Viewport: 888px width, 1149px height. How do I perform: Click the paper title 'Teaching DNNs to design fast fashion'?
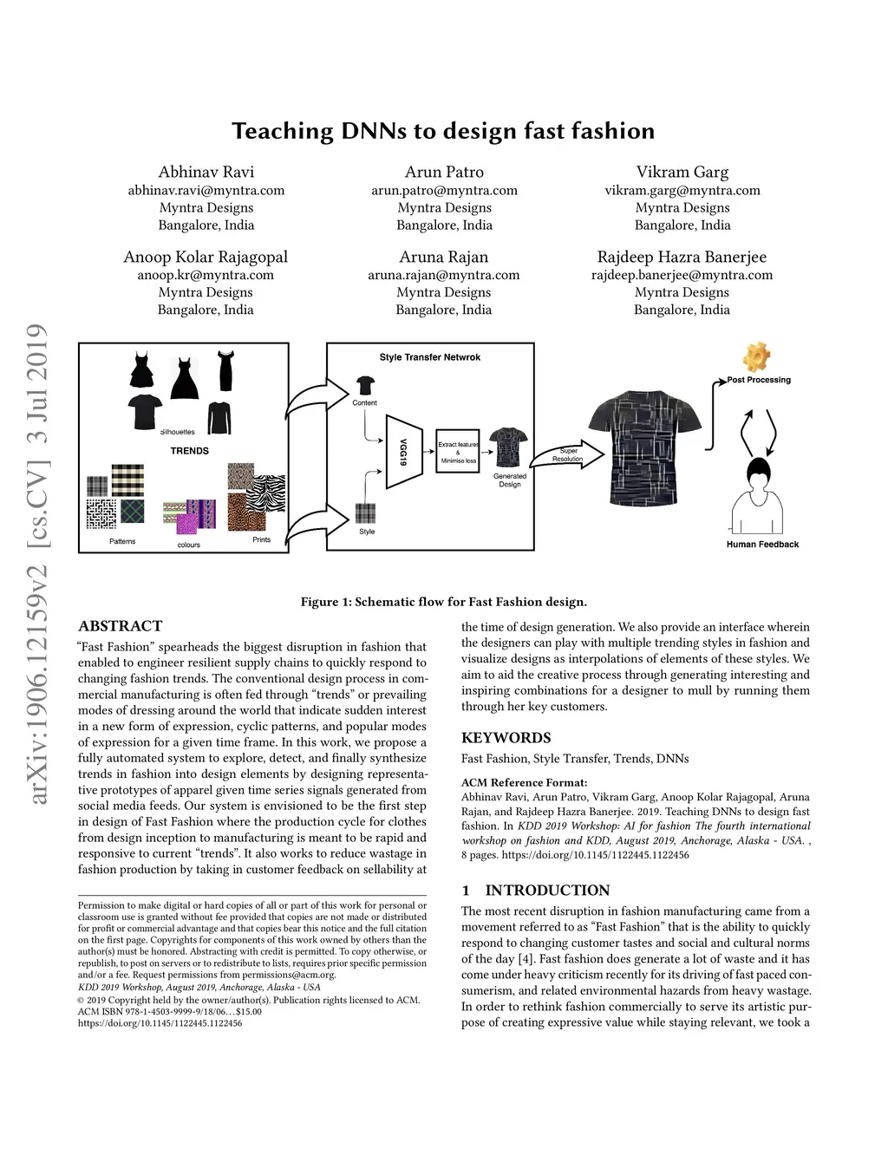tap(443, 131)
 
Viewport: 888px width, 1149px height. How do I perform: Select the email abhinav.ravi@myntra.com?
tap(206, 190)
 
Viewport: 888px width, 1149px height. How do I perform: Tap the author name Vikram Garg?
tap(682, 172)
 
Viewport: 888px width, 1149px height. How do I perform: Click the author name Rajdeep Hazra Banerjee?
tap(682, 257)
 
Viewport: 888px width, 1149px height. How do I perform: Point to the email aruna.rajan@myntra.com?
tap(444, 275)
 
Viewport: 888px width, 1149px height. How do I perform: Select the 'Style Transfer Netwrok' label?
tap(430, 357)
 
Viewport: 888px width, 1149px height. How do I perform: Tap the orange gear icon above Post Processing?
tap(756, 357)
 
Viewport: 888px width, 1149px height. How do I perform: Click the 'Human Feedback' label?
tap(762, 545)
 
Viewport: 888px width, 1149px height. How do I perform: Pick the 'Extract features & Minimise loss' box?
tap(458, 452)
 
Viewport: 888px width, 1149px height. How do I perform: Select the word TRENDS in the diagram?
tap(189, 451)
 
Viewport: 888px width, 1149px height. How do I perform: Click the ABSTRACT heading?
tap(121, 626)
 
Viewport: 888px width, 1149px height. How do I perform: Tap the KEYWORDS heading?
tap(506, 738)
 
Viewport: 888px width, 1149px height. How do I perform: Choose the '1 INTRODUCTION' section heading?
tap(535, 891)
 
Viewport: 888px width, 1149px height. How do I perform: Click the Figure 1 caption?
tap(443, 602)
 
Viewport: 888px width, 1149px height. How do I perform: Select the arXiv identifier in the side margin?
tap(37, 564)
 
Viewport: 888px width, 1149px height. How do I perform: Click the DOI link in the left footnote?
tap(160, 1023)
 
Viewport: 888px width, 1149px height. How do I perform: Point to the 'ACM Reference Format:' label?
tap(524, 782)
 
